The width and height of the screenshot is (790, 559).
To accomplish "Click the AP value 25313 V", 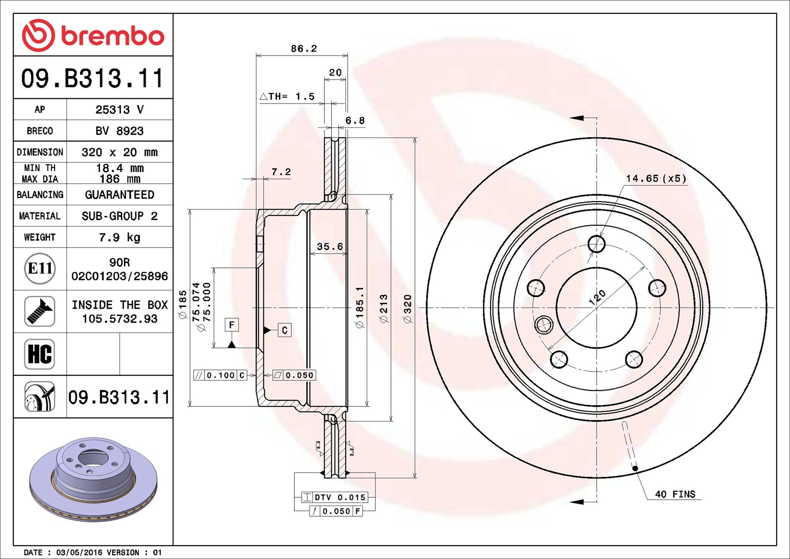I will [x=119, y=110].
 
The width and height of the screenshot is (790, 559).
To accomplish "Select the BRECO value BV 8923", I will [x=119, y=131].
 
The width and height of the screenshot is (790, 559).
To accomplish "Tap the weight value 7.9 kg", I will [x=119, y=238].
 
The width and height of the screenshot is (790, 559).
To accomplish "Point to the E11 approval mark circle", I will [x=40, y=268].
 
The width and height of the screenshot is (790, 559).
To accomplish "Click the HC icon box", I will [x=40, y=354].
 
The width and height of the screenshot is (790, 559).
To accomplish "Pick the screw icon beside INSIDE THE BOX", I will [x=40, y=311].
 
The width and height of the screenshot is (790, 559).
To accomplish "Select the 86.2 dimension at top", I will [x=303, y=49].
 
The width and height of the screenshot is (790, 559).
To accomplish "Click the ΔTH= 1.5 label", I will [x=287, y=97].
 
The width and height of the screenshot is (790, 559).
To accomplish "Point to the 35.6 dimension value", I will [x=329, y=247].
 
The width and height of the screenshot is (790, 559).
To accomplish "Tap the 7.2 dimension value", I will [x=281, y=172].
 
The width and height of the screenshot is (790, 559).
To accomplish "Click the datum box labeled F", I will [x=232, y=325].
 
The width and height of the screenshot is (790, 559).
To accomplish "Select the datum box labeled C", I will [x=285, y=330].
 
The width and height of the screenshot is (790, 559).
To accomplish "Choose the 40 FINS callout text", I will [x=675, y=494].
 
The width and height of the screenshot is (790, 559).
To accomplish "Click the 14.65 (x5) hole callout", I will [x=656, y=179].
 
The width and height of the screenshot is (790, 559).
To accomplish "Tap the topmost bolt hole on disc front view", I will [x=596, y=244].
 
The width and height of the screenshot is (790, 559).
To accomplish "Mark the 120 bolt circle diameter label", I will [x=597, y=297].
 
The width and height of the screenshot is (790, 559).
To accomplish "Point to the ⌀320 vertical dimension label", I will [x=408, y=309].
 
